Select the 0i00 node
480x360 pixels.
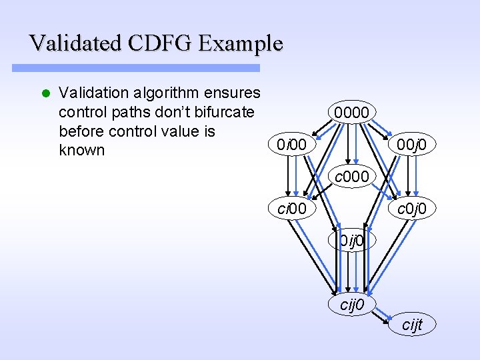point(293,143)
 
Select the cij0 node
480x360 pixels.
point(351,305)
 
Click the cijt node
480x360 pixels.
point(412,325)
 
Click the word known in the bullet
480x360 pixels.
point(82,150)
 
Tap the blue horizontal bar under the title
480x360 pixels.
point(137,68)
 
